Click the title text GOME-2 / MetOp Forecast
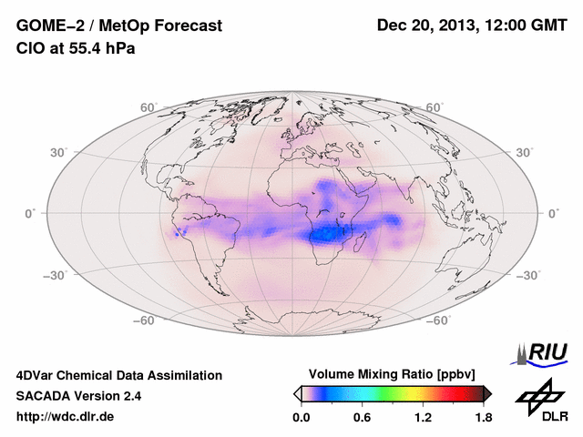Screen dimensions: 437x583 click(119, 26)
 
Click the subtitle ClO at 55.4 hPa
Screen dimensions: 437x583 click(76, 49)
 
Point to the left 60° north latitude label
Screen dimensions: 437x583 click(148, 107)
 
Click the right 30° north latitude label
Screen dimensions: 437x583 click(526, 151)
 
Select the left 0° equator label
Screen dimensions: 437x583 click(30, 213)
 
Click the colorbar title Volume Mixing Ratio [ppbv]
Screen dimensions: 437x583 click(393, 374)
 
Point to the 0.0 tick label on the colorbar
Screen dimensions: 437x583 click(302, 418)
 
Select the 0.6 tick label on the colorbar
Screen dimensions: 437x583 click(362, 418)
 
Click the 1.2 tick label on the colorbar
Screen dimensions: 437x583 click(423, 418)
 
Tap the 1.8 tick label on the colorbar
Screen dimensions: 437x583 click(484, 418)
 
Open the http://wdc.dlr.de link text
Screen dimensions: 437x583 click(66, 417)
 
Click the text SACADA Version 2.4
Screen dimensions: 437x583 click(78, 396)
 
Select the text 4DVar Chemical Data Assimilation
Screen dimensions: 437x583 click(118, 375)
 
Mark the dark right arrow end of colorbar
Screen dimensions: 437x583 click(487, 393)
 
